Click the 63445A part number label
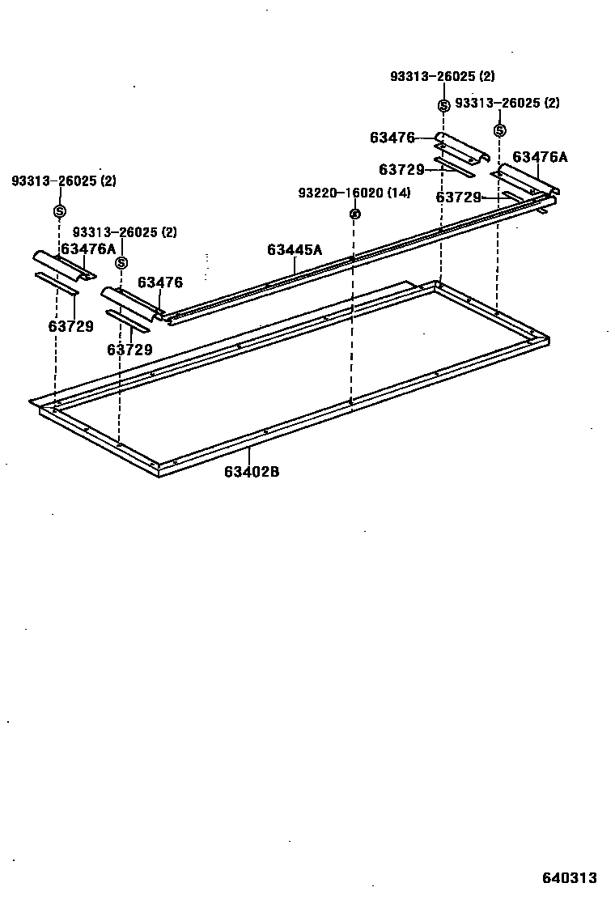click(x=295, y=250)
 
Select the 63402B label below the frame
click(x=252, y=472)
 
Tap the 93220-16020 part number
click(x=340, y=193)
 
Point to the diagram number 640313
click(x=569, y=878)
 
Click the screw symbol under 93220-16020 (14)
click(x=354, y=214)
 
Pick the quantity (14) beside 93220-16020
click(x=398, y=193)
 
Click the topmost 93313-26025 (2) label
click(x=442, y=77)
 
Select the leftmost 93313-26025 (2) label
click(x=63, y=181)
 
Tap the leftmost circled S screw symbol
click(x=59, y=211)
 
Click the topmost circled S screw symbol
click(x=443, y=106)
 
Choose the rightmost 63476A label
click(x=540, y=157)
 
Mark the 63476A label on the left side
click(x=88, y=249)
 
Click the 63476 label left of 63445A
click(x=160, y=282)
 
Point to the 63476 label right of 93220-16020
click(x=392, y=138)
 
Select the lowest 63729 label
click(x=129, y=350)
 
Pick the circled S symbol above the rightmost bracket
click(x=500, y=130)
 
